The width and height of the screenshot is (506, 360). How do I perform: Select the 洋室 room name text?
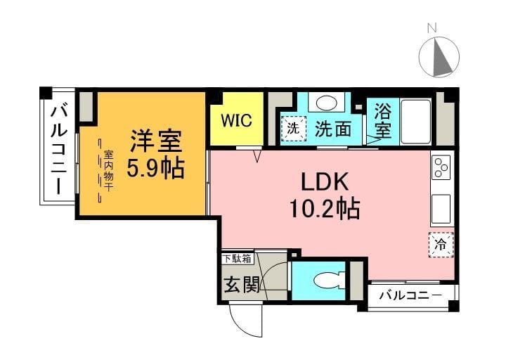pyautogui.click(x=155, y=141)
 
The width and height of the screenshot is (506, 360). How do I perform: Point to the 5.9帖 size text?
pyautogui.click(x=155, y=169)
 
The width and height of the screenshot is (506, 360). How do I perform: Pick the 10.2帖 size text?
pyautogui.click(x=325, y=208)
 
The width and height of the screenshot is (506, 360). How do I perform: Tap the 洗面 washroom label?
pyautogui.click(x=332, y=129)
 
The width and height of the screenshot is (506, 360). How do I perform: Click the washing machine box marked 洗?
pyautogui.click(x=294, y=129)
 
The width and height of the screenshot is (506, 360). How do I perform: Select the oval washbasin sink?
pyautogui.click(x=326, y=103)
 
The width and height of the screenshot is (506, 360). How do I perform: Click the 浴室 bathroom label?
pyautogui.click(x=382, y=120)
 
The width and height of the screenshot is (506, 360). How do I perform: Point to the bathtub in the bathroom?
pyautogui.click(x=415, y=120)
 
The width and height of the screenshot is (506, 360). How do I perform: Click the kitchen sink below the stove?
pyautogui.click(x=443, y=208)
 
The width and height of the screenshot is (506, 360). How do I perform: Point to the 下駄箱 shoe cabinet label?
pyautogui.click(x=237, y=259)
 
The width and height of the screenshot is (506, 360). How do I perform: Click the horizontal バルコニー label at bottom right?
pyautogui.click(x=410, y=295)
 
